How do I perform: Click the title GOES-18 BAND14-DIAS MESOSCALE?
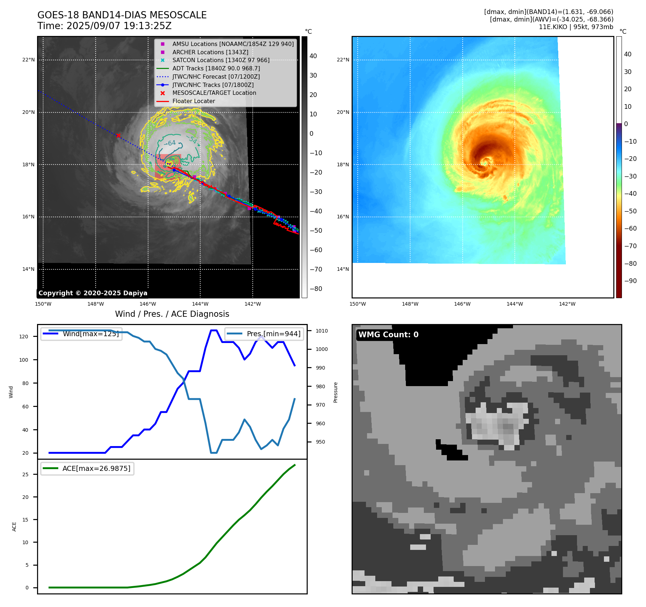coord(122,15)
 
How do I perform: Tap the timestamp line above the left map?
coord(104,26)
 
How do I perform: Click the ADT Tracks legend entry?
coord(216,68)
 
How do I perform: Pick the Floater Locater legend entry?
coord(193,101)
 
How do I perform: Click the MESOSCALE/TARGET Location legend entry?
coord(214,93)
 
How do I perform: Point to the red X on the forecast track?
coord(118,135)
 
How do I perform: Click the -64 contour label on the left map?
coord(170,143)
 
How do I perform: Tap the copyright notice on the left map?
coord(93,293)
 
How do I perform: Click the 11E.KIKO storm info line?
coord(576,27)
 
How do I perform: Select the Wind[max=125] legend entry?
coord(90,334)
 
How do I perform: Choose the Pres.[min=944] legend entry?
coord(273,334)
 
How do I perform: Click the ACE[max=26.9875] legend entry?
coord(96,469)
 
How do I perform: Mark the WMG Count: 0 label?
coord(388,335)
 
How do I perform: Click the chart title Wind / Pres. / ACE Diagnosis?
coord(172,314)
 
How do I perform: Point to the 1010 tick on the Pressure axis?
coord(322,331)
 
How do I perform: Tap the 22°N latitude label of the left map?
coord(28,60)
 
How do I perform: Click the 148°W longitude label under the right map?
coord(410,304)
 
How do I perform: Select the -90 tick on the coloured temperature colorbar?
coord(630,281)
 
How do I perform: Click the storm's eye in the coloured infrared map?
coord(486,163)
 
